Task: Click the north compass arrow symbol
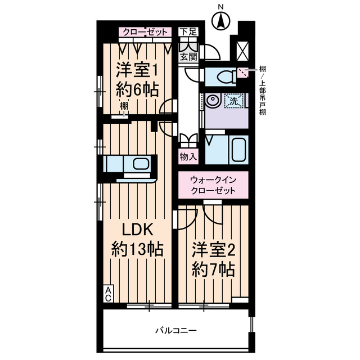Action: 220,21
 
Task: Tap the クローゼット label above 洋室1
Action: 145,32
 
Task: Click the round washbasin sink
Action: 213,101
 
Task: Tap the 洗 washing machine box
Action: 232,101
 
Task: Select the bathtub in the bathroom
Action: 238,149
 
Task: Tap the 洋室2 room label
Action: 211,249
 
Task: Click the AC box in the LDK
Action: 106,294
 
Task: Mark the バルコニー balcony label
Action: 176,330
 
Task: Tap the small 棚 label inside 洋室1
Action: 123,106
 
